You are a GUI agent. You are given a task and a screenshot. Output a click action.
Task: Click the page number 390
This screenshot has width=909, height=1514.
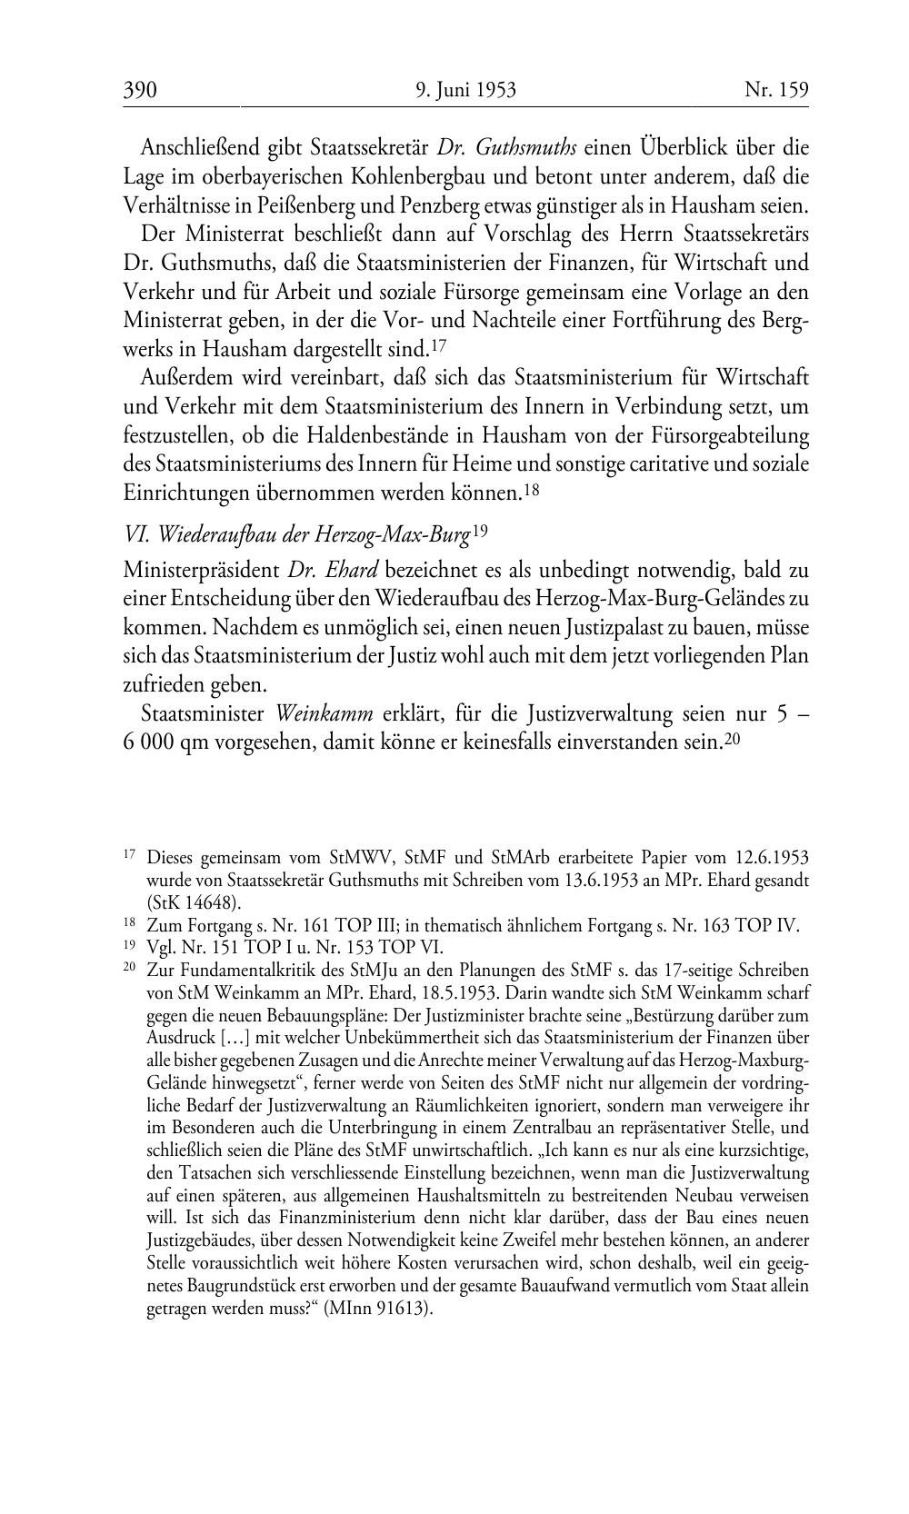141,89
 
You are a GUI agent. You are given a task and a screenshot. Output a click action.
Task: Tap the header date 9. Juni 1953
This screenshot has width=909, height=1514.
465,89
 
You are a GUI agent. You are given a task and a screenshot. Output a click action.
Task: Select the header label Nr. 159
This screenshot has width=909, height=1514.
776,89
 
